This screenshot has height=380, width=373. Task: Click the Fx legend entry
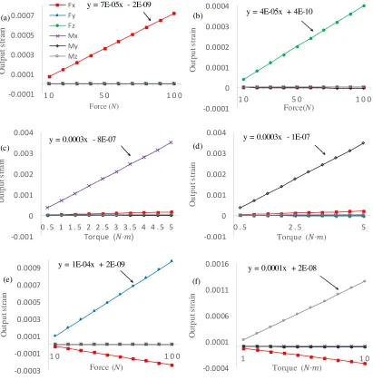click(63, 5)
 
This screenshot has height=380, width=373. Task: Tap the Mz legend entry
click(64, 56)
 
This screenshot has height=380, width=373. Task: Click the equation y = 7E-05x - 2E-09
click(119, 5)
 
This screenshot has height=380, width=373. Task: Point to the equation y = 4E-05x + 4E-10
click(280, 12)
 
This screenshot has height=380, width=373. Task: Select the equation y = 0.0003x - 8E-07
click(83, 140)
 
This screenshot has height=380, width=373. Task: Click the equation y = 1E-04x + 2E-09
click(92, 265)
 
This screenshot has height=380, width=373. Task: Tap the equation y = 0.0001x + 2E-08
click(282, 268)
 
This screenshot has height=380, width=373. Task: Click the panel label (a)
click(5, 18)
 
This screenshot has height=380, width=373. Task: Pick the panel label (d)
click(198, 146)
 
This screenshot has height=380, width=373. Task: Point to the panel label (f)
click(196, 281)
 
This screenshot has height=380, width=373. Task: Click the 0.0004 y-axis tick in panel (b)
click(217, 6)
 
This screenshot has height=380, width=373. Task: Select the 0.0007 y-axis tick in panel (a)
click(22, 15)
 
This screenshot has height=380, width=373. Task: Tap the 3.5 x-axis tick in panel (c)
click(130, 227)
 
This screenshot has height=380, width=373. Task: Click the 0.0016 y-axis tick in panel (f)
click(217, 264)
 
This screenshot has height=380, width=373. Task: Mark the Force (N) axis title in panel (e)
click(106, 367)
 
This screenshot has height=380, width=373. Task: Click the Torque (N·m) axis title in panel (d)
click(301, 238)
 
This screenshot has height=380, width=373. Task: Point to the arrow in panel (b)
click(308, 26)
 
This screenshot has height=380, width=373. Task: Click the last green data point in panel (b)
click(364, 5)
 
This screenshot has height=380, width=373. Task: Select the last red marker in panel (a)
click(174, 14)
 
